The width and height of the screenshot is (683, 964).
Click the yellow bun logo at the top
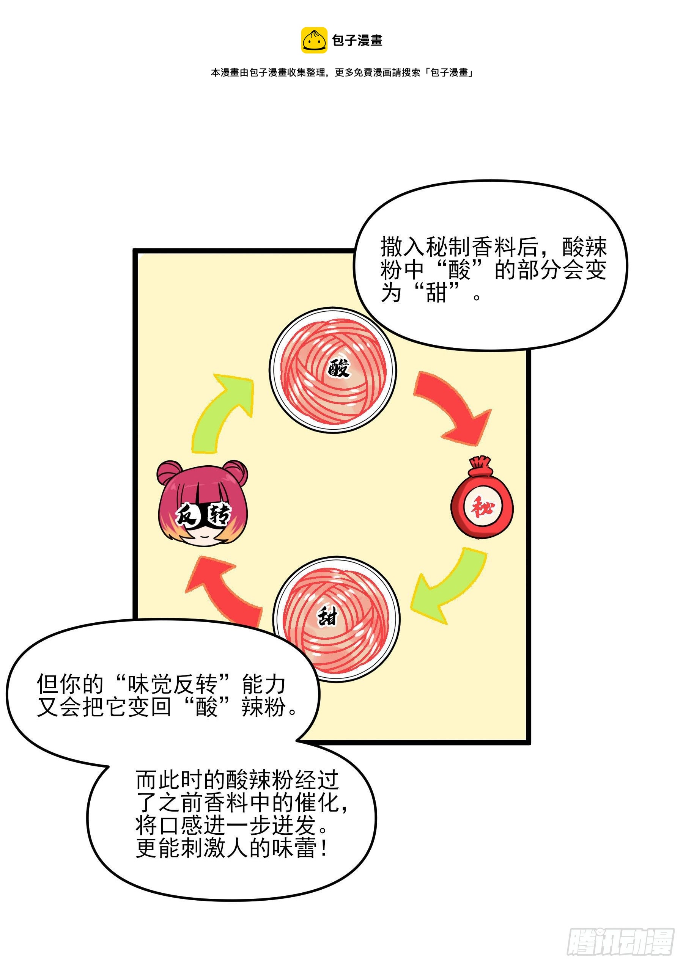coord(314,40)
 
